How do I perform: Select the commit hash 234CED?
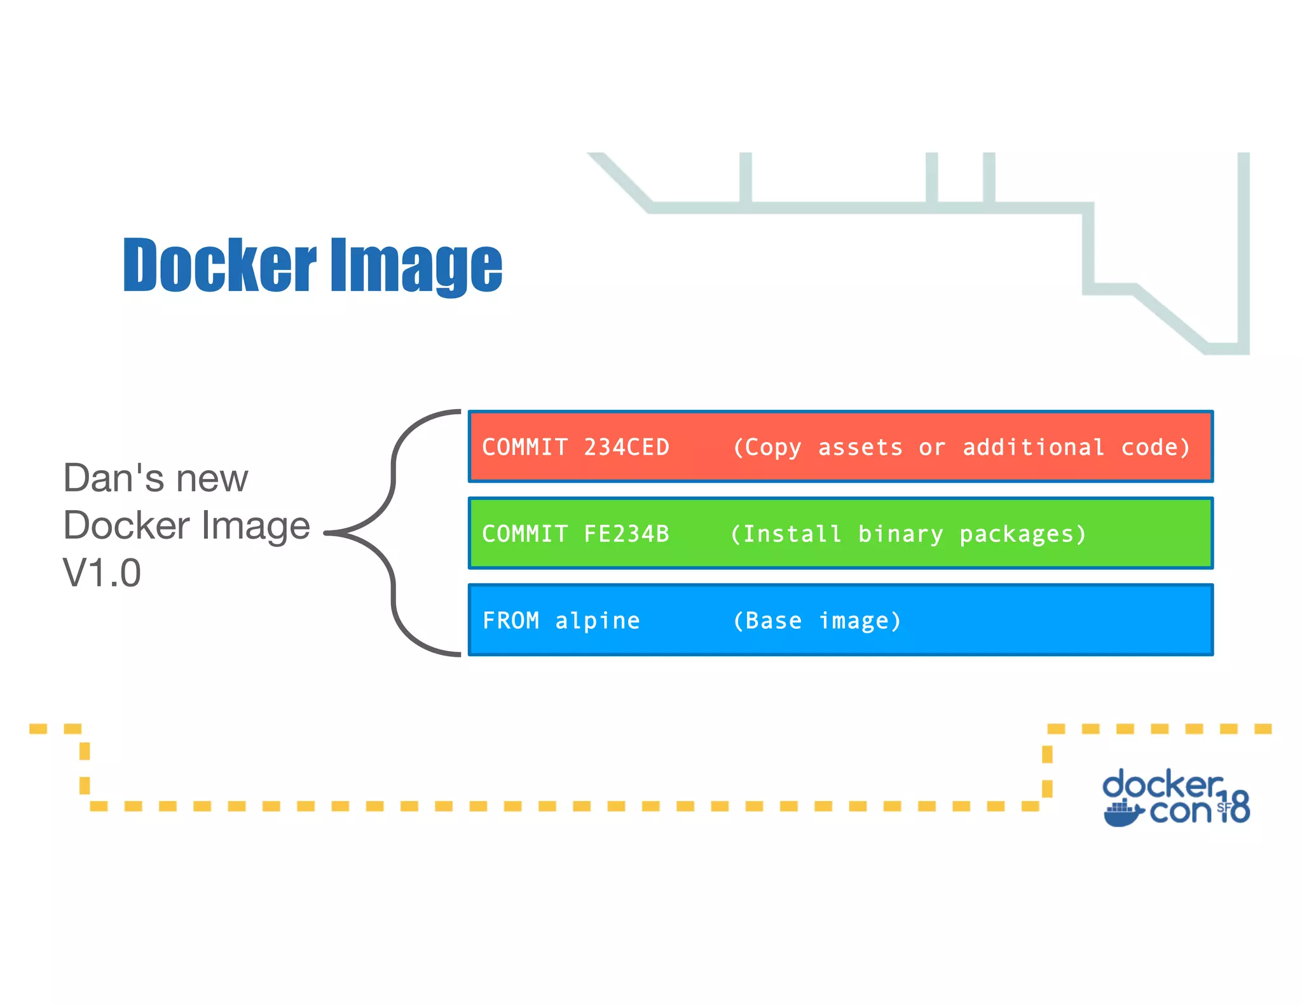click(x=626, y=447)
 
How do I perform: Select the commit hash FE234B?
click(x=626, y=534)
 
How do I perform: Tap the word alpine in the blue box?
click(x=597, y=621)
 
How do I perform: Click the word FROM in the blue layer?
click(x=511, y=621)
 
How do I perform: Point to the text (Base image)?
click(x=817, y=621)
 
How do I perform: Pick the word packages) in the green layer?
click(x=1022, y=534)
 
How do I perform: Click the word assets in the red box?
click(x=860, y=447)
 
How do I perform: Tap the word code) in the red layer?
click(x=1155, y=447)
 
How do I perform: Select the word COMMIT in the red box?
click(x=524, y=447)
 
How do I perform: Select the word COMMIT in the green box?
click(x=524, y=534)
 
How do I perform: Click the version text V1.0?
click(x=102, y=573)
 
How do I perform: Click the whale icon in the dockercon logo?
click(x=1122, y=814)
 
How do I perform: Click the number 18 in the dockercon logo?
click(x=1235, y=807)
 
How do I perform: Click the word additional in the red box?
click(x=1033, y=447)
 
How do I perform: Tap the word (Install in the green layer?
click(x=785, y=534)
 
